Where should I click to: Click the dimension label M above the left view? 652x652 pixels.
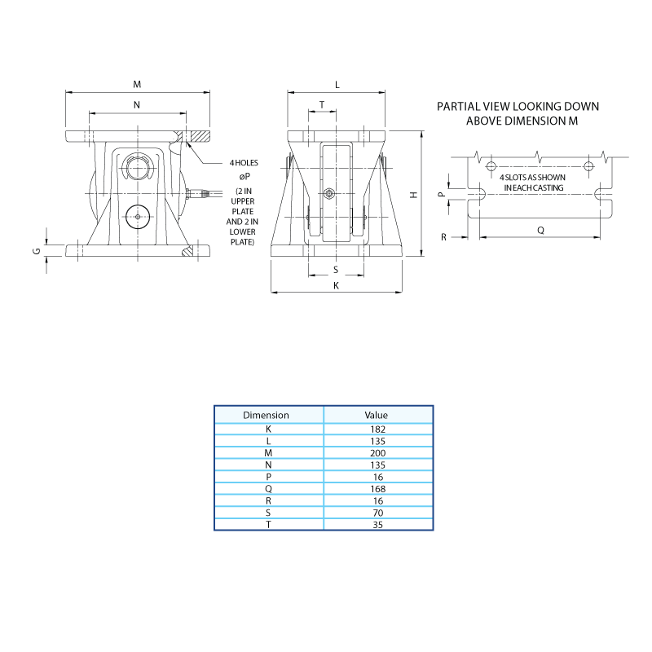pos(137,85)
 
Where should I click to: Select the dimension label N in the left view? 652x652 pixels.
pos(137,105)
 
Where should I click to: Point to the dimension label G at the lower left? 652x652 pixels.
pos(37,251)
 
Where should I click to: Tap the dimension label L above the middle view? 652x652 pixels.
pos(337,85)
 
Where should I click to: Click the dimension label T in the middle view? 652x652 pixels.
pos(322,105)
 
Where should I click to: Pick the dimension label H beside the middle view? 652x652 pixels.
pos(414,195)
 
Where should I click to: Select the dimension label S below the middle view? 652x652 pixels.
pos(336,270)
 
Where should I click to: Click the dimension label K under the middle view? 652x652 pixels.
pos(336,286)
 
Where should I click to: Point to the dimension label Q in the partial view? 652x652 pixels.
pos(540,231)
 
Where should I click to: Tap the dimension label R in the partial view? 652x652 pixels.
pos(443,237)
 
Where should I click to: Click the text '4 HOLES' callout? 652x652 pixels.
pos(244,162)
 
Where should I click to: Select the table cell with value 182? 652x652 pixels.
pos(378,430)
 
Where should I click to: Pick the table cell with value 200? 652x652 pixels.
pos(378,453)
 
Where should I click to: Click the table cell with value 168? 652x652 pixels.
pos(378,488)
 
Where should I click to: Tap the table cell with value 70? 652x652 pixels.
pos(378,513)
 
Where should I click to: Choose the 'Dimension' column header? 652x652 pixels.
pos(266,415)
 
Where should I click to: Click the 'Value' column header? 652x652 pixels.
pos(377,415)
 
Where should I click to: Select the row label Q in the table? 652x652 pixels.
pos(268,489)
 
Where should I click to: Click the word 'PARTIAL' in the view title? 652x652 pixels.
pos(459,107)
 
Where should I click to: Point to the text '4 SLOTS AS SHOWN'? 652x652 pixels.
pos(533,178)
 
